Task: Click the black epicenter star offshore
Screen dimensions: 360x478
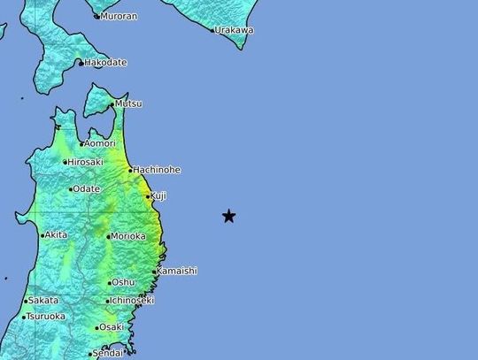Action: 228,216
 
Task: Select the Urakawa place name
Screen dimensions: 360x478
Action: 235,30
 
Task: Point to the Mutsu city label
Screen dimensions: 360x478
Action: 129,103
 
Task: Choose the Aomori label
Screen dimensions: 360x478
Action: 101,143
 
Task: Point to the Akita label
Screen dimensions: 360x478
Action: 57,235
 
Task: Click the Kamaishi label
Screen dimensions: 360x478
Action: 177,271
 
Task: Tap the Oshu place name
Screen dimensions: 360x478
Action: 124,283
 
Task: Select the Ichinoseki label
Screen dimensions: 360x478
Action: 133,301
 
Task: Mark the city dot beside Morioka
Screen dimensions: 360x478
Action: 109,236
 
